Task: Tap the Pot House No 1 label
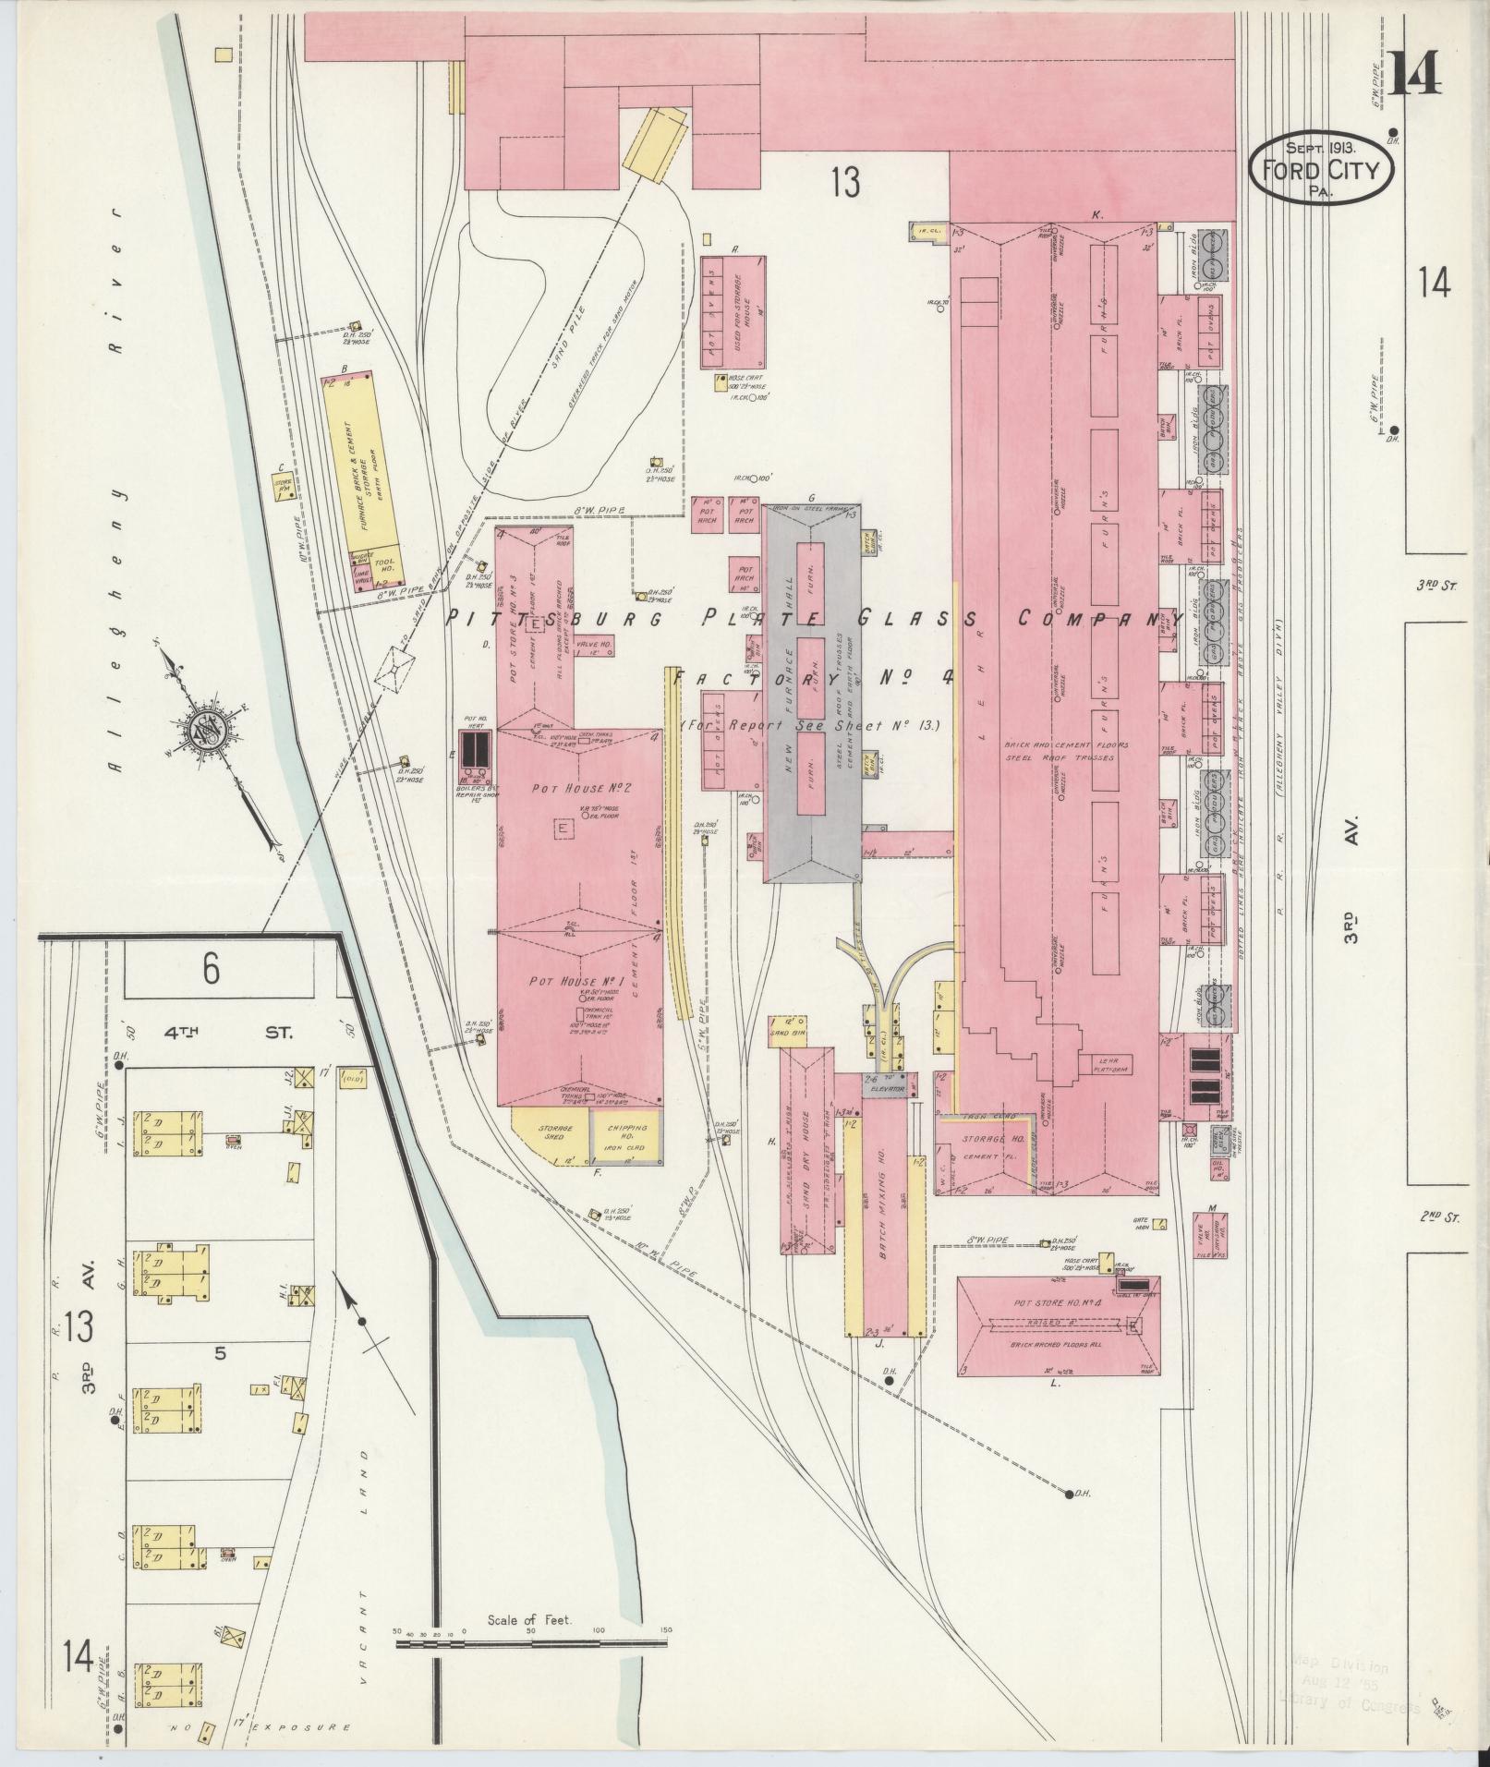[579, 980]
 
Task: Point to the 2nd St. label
[1440, 1217]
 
